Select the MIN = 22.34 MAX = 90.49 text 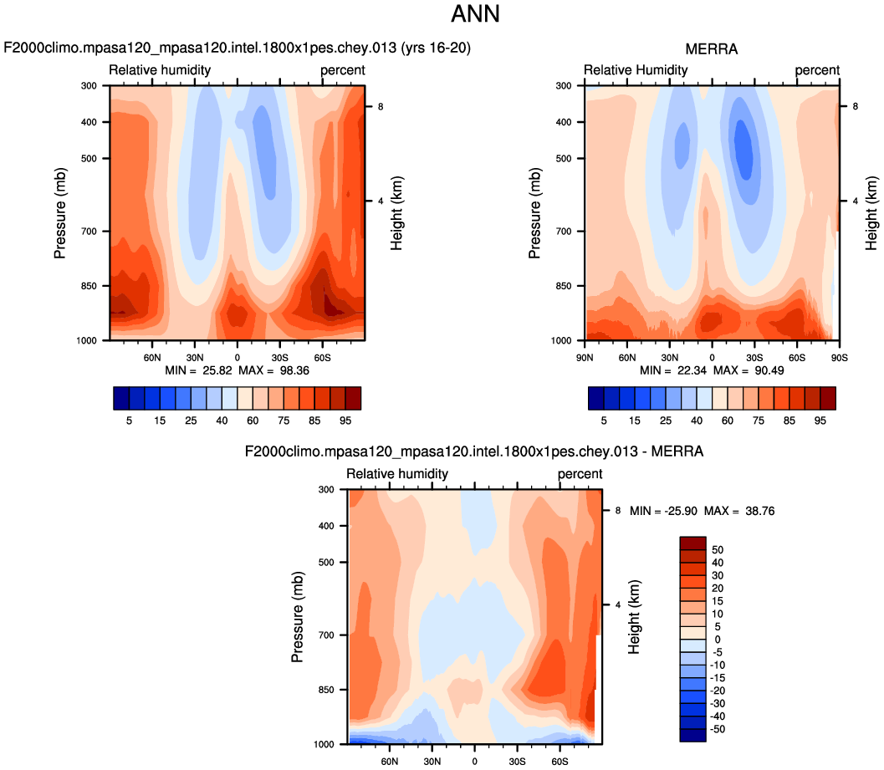[x=713, y=370]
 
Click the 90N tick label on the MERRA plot [x=585, y=355]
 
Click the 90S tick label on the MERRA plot [x=840, y=355]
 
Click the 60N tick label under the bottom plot [x=390, y=762]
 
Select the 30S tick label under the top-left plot [x=279, y=355]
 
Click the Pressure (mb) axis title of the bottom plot [x=297, y=616]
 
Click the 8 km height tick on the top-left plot [x=380, y=106]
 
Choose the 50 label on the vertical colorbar [x=718, y=550]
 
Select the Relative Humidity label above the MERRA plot [x=636, y=70]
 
